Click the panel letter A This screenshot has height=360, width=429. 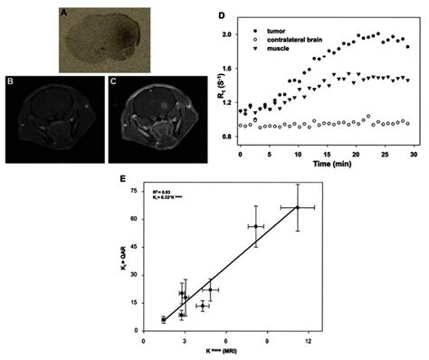point(64,13)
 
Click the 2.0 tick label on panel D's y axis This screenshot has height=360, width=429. point(226,33)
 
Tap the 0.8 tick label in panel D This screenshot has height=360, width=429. point(226,137)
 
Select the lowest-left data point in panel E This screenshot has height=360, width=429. point(163,319)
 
